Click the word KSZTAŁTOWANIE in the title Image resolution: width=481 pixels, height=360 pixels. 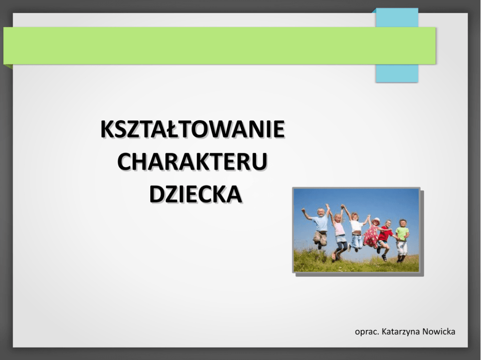[192, 129]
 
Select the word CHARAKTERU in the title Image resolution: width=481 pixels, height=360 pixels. [192, 162]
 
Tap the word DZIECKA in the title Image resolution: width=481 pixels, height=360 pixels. [196, 194]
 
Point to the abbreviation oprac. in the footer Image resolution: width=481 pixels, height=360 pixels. [367, 332]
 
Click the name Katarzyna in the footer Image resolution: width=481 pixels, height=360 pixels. [401, 331]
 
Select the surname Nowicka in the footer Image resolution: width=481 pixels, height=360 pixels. [439, 331]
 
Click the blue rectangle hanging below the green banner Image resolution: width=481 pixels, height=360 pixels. [397, 73]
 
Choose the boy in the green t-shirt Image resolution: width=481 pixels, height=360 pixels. [402, 239]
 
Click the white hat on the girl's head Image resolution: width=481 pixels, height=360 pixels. [376, 220]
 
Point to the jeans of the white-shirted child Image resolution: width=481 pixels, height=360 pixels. [356, 241]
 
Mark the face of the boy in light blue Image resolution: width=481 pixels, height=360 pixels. [321, 212]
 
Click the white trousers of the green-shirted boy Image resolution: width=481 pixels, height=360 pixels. [402, 248]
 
